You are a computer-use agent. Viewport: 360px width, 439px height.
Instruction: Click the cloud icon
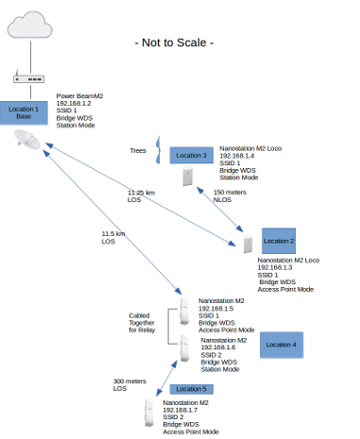[x=30, y=25]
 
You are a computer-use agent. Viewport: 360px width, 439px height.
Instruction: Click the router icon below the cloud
[x=28, y=77]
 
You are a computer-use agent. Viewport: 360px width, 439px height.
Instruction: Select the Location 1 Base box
[x=24, y=113]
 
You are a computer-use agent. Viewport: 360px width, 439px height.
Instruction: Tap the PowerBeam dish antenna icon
[x=27, y=139]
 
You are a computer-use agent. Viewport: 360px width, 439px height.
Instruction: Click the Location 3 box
[x=192, y=156]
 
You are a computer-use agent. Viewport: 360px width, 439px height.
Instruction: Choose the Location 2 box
[x=279, y=241]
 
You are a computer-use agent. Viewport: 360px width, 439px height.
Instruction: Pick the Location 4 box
[x=282, y=345]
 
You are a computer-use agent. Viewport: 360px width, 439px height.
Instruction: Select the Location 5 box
[x=192, y=389]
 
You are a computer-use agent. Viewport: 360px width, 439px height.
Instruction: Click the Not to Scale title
[x=174, y=42]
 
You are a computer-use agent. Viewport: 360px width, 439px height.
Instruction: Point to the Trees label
[x=138, y=151]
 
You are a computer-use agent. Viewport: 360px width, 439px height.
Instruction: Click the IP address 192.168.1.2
[x=74, y=104]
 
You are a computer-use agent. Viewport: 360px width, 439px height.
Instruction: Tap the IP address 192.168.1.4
[x=237, y=156]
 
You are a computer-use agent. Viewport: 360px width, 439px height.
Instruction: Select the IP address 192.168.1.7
[x=180, y=410]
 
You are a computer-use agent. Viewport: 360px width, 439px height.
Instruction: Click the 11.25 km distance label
[x=141, y=193]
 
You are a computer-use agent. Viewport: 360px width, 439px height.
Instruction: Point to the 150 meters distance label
[x=230, y=193]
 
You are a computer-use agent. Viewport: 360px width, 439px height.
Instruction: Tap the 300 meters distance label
[x=129, y=381]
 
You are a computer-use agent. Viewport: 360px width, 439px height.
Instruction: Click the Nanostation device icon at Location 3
[x=188, y=176]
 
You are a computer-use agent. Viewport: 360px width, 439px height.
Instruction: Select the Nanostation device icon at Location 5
[x=149, y=414]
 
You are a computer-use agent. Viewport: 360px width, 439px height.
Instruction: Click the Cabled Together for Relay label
[x=142, y=323]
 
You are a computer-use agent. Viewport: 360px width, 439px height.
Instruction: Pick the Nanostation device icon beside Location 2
[x=248, y=244]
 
